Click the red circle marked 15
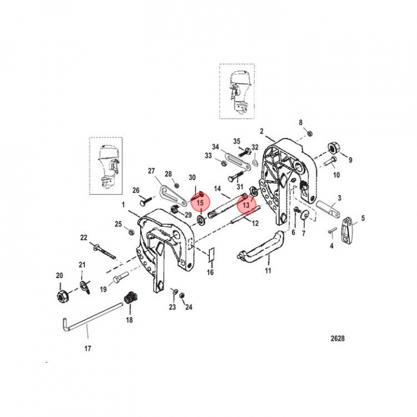pos(199,204)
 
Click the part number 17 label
pos(87,349)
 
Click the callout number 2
pos(262,131)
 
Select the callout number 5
pos(363,218)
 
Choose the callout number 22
pos(83,237)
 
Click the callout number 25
pos(118,224)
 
